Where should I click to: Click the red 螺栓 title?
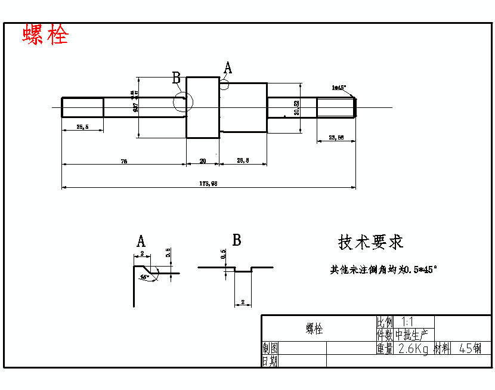[x=46, y=35]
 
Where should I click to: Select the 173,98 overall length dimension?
[x=208, y=184]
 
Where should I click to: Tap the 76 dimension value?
[x=124, y=160]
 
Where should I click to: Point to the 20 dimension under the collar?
[x=203, y=160]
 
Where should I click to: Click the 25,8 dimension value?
[x=243, y=160]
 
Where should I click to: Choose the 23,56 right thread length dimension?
[x=336, y=138]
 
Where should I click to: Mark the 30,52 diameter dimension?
[x=296, y=107]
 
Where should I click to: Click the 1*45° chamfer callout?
[x=339, y=88]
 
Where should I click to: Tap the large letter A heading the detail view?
[x=141, y=242]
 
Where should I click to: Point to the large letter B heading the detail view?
[x=237, y=240]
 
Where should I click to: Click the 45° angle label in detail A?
[x=144, y=277]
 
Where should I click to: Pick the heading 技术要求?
[x=370, y=242]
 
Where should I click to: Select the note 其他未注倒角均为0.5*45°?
[x=384, y=270]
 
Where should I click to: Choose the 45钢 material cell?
[x=471, y=349]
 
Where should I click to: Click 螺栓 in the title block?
[x=314, y=329]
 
